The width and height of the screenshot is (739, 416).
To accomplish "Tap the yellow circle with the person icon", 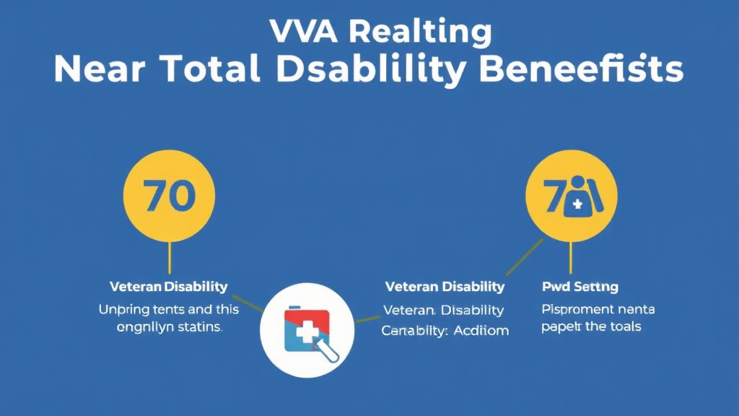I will pos(570,196).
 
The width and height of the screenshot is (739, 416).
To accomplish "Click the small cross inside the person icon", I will pos(576,205).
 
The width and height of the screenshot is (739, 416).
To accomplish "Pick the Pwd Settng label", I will pos(580,287).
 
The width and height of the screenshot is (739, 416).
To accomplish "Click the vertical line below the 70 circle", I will pos(169,258).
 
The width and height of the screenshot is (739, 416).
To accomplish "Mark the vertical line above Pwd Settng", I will pos(570,256).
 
